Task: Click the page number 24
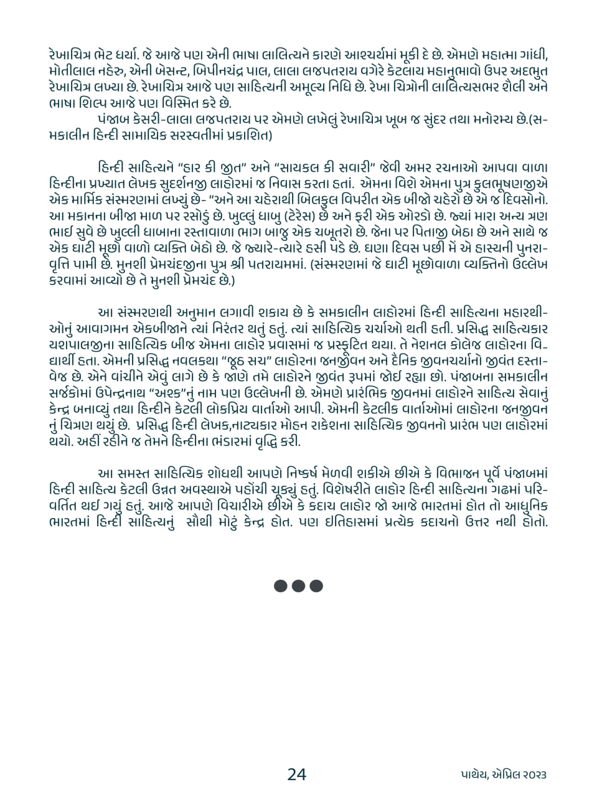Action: pos(297,774)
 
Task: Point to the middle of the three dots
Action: pos(298,586)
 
